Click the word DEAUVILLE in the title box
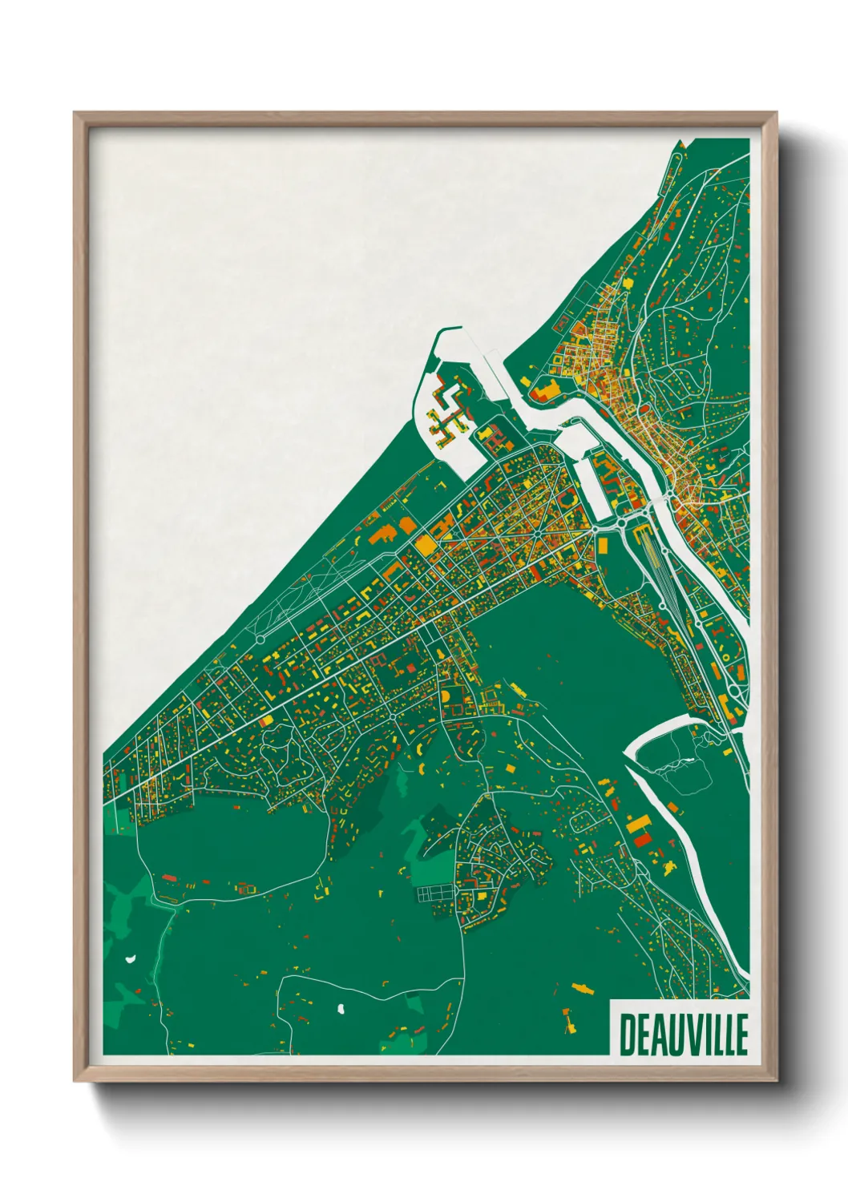[x=684, y=1035]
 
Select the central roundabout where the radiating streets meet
[x=535, y=533]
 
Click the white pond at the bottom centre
[x=341, y=1008]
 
